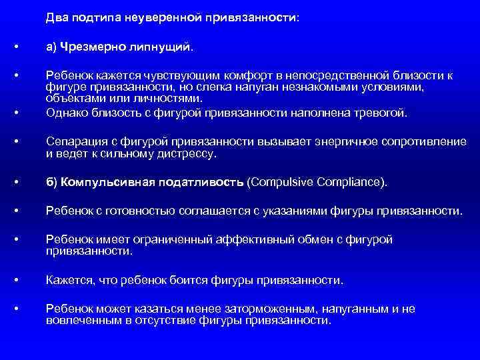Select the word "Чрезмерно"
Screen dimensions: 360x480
click(89, 48)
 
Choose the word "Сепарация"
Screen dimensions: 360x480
click(74, 142)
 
